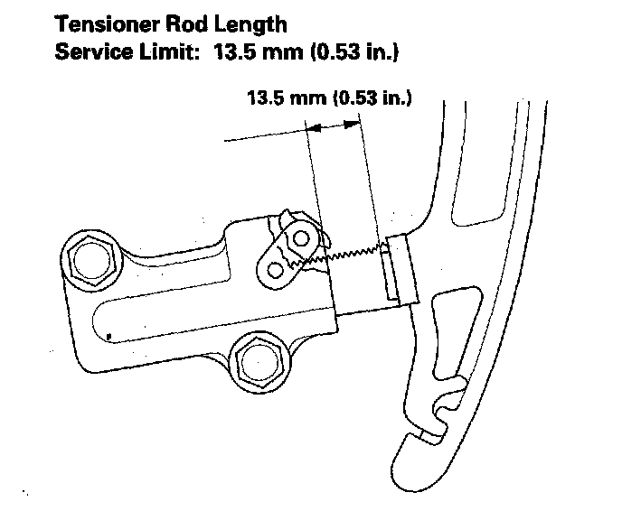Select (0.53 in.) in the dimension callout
(x=372, y=98)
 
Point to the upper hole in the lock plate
(x=300, y=237)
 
